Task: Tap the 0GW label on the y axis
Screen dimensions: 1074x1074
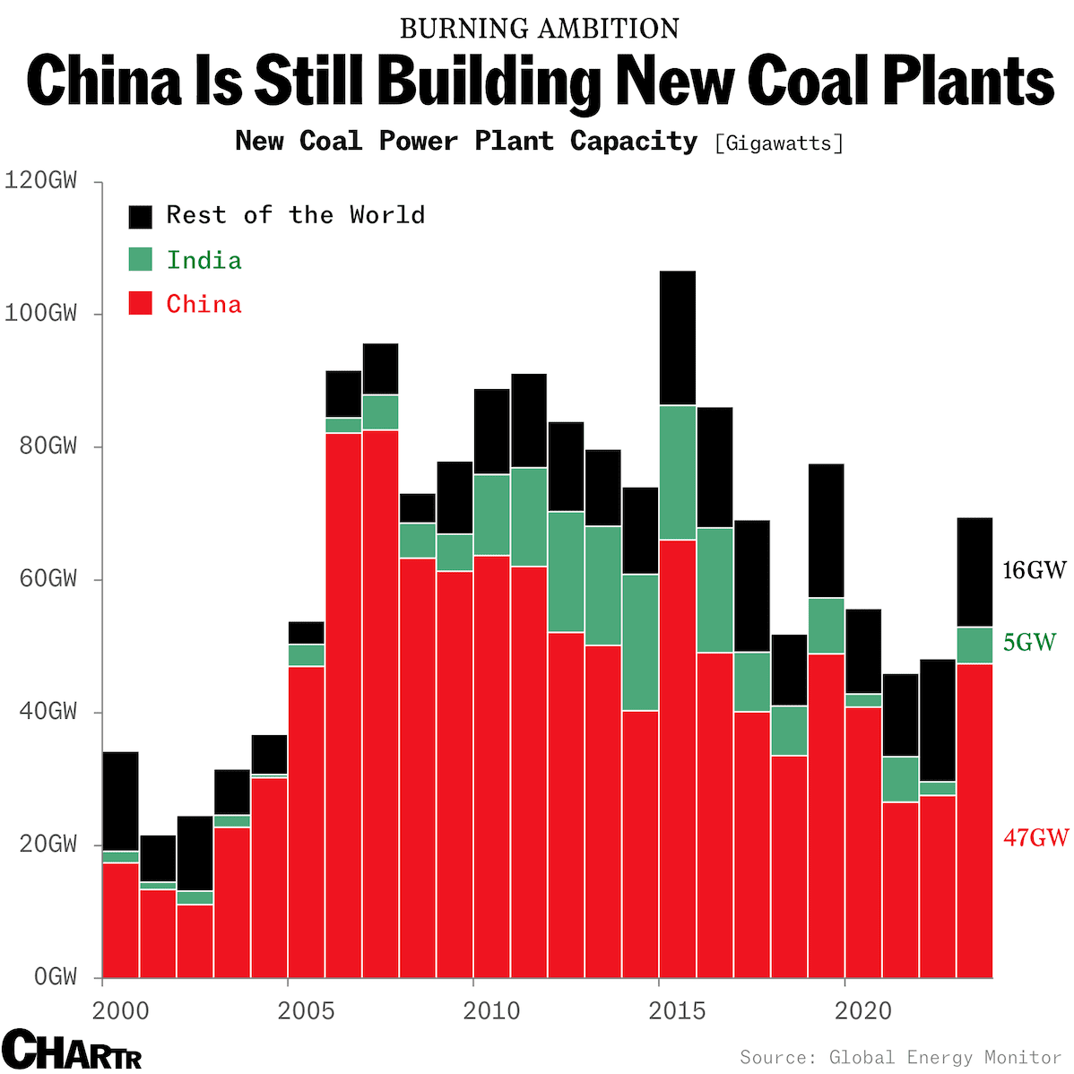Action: click(55, 977)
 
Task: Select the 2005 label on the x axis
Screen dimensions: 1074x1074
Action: click(306, 1011)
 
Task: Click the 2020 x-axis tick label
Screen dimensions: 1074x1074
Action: click(863, 1011)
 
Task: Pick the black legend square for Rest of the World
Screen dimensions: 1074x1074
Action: click(141, 216)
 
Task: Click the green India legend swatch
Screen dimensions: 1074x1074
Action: click(141, 260)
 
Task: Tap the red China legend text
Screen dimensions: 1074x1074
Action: click(204, 305)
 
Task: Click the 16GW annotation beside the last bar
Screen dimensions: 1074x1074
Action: click(1035, 570)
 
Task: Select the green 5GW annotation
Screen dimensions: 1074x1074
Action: click(1029, 642)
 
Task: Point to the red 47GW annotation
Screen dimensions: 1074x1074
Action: click(1035, 837)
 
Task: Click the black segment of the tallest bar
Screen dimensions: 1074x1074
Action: click(677, 338)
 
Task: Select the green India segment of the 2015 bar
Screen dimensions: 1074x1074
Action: click(677, 472)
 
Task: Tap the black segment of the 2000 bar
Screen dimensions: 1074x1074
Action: click(121, 801)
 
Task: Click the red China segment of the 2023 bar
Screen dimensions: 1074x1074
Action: click(974, 820)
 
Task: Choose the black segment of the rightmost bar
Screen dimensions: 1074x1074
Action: click(974, 572)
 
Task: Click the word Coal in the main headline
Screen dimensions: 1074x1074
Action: click(808, 81)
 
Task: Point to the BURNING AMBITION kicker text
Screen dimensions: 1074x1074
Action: click(539, 29)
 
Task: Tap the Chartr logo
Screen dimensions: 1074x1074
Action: click(72, 1049)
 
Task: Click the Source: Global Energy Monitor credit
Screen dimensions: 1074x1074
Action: click(900, 1058)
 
